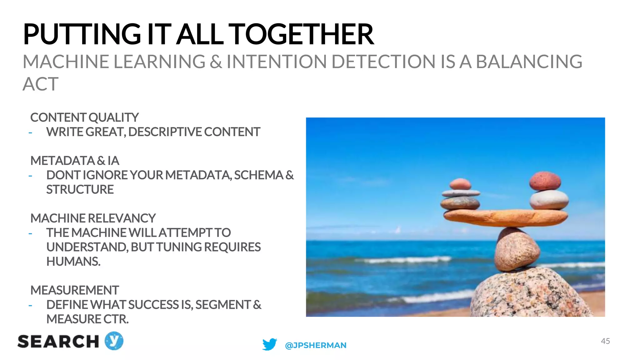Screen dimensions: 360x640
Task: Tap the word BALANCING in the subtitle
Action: click(x=529, y=62)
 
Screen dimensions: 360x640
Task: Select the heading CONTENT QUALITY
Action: click(x=84, y=118)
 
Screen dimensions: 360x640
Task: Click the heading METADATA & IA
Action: click(x=75, y=161)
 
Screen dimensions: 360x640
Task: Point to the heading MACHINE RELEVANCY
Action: click(x=93, y=218)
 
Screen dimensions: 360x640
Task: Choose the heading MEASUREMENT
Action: click(x=74, y=291)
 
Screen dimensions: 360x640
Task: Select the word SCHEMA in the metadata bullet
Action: click(x=258, y=175)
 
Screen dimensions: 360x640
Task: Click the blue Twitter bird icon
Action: click(x=270, y=344)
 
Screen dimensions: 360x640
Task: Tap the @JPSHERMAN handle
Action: click(x=316, y=345)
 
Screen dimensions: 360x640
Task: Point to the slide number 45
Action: click(x=605, y=341)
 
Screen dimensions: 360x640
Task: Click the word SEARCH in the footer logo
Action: click(x=58, y=342)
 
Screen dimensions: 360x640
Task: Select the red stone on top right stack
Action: click(x=545, y=181)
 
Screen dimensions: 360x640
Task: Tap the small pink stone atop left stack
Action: click(x=460, y=184)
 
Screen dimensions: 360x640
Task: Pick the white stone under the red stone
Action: click(x=549, y=200)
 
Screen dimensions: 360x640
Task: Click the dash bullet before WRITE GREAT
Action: click(x=30, y=133)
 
